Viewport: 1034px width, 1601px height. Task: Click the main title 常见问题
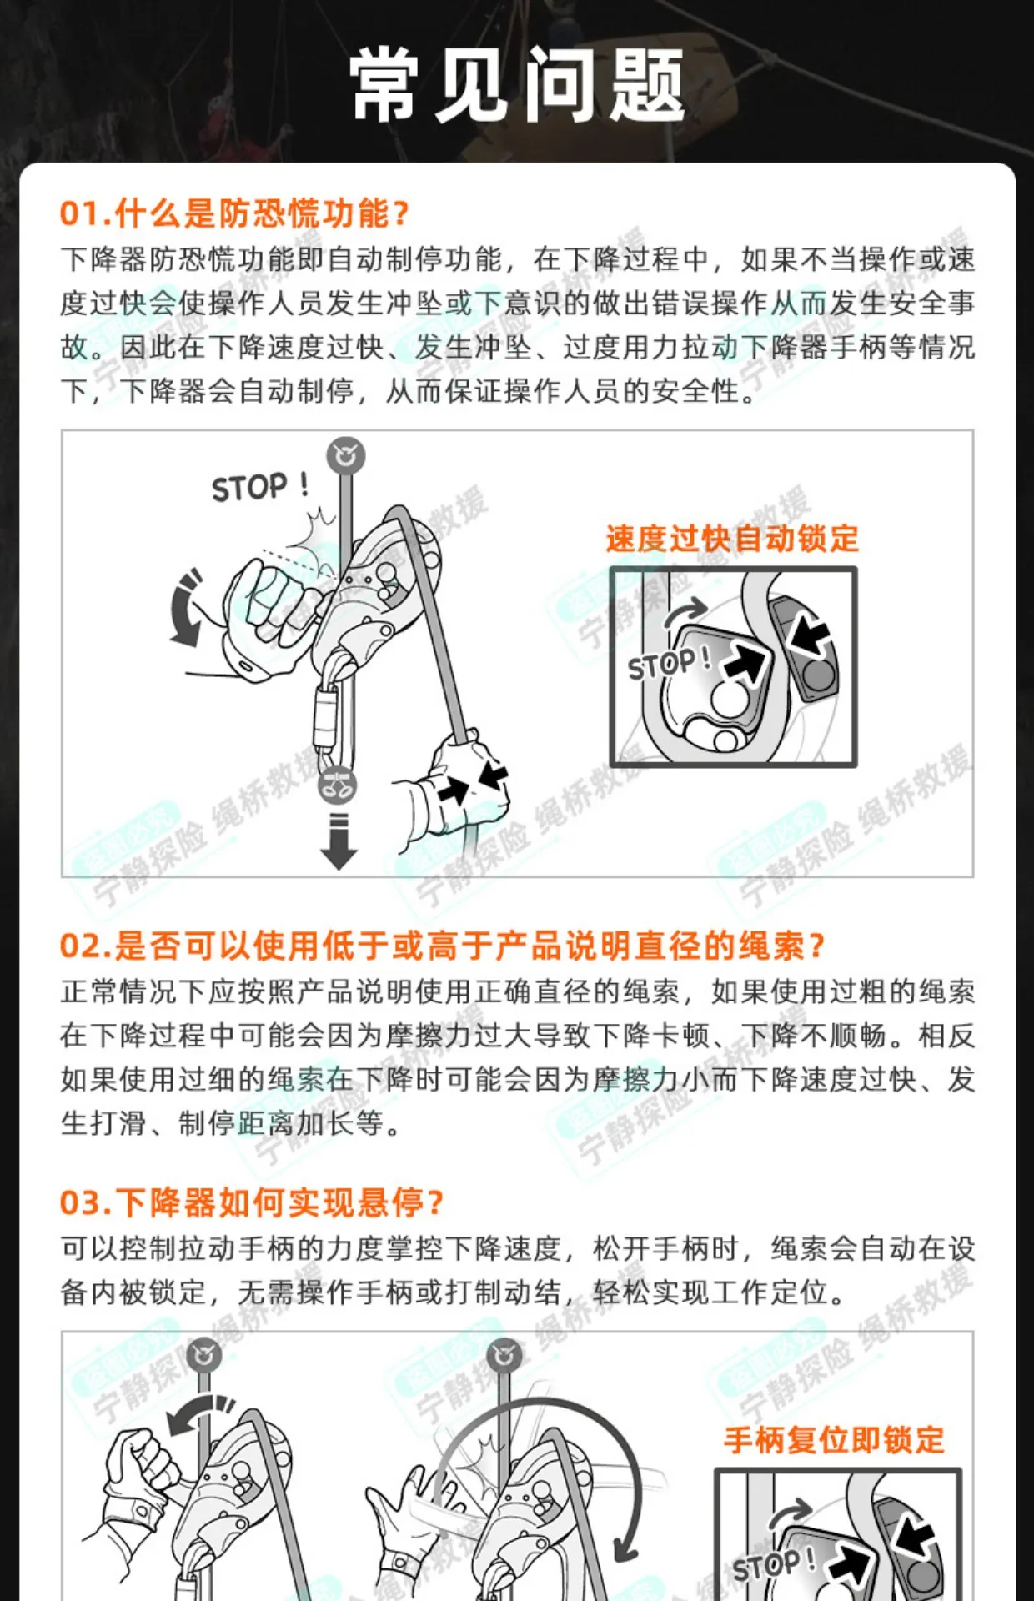click(x=517, y=85)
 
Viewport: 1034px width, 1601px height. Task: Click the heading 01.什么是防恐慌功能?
click(x=234, y=214)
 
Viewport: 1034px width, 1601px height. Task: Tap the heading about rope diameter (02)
click(x=442, y=946)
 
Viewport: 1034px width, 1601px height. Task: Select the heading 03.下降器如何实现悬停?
click(x=252, y=1202)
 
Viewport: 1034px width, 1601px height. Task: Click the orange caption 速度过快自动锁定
click(x=732, y=539)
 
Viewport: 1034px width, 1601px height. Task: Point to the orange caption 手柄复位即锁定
click(x=834, y=1440)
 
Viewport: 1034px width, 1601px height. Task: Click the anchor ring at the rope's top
click(x=345, y=455)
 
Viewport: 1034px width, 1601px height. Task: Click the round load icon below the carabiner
click(x=338, y=785)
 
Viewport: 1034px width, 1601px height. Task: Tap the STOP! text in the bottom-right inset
click(x=774, y=1564)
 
